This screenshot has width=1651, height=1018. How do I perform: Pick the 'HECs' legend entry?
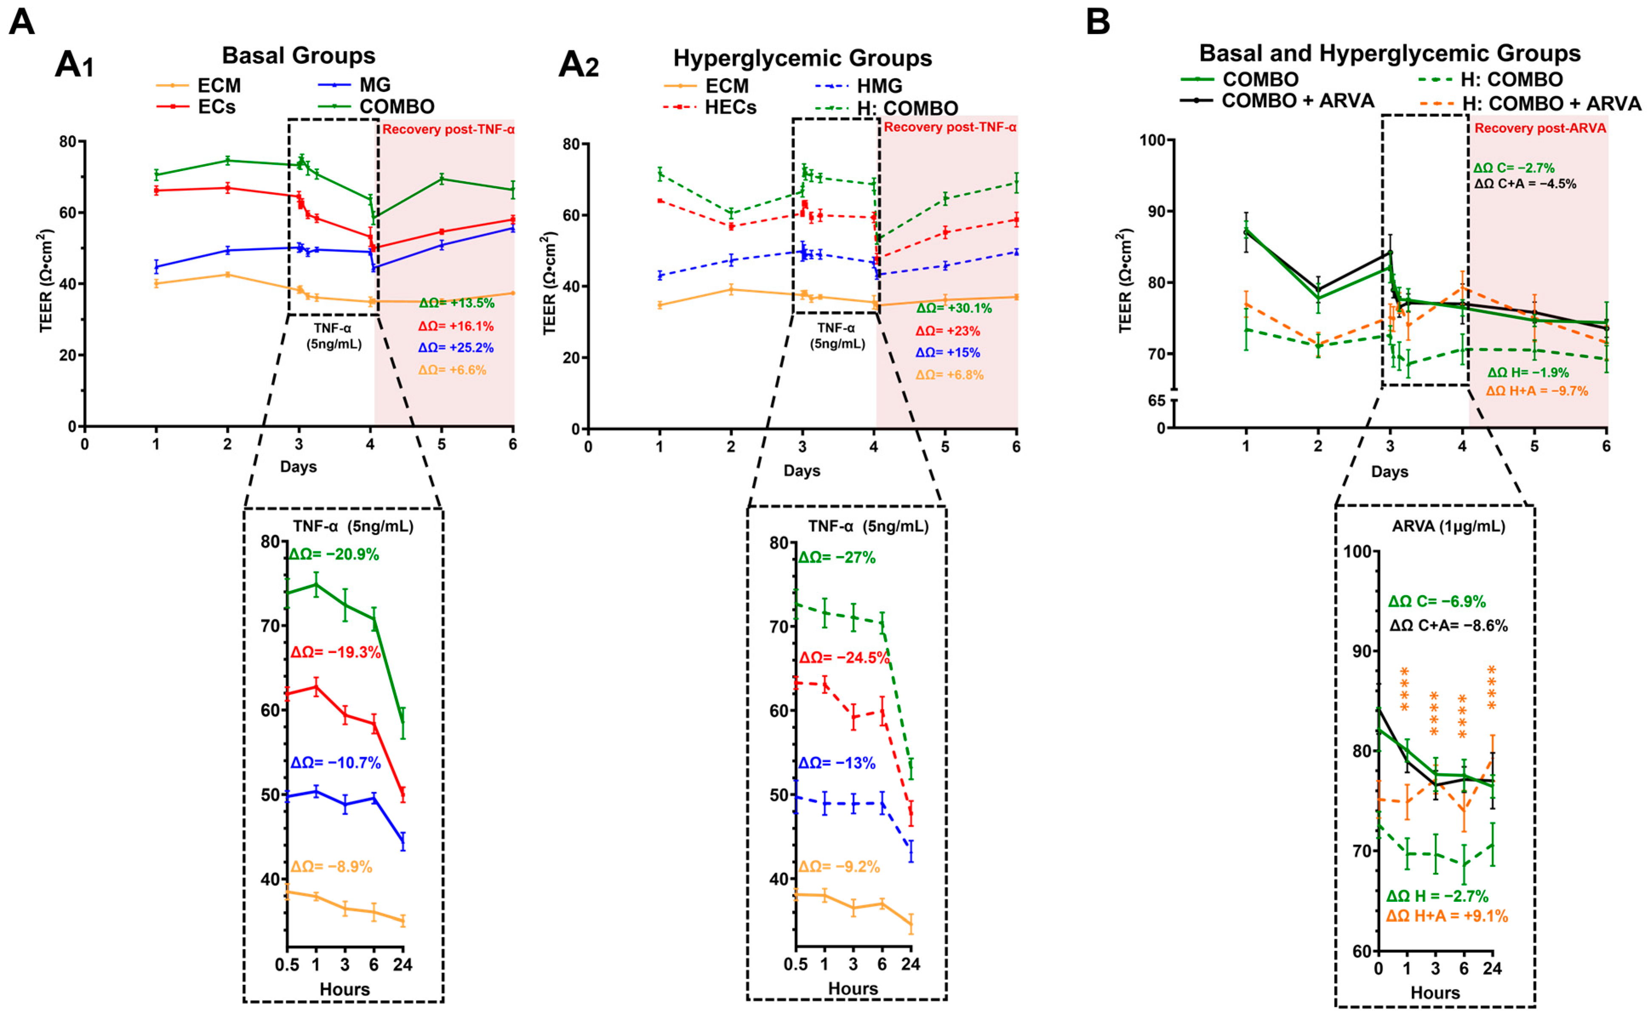(730, 108)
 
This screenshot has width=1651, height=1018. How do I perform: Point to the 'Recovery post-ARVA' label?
(1540, 128)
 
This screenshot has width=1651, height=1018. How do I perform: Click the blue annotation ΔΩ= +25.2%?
(456, 348)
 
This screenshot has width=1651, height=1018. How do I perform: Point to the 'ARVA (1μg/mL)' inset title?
(1449, 526)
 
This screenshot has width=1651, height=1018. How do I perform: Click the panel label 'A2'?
(579, 66)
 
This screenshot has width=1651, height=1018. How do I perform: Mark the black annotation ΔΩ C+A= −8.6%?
(1449, 625)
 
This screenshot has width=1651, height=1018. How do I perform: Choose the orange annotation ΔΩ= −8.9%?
(331, 867)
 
